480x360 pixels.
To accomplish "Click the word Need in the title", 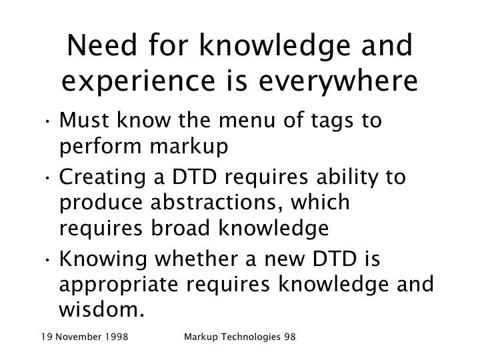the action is [102, 45].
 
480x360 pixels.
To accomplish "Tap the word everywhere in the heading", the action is [338, 81].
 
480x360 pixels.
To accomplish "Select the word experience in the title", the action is [139, 81].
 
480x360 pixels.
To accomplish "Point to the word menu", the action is [247, 120].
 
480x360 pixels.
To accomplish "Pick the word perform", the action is [101, 147].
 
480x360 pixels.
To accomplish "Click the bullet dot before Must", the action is [47, 121].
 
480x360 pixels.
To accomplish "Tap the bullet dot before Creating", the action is [47, 178].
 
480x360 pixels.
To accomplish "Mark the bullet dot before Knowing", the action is [47, 260].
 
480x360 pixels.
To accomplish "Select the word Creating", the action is [102, 177].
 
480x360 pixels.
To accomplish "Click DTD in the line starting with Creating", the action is [195, 177].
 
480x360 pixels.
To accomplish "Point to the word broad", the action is [180, 228].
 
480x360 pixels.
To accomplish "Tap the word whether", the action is [195, 259].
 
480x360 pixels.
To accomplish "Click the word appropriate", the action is [119, 285].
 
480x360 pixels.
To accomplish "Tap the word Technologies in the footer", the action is [251, 337].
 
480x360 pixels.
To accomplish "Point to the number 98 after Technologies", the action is [290, 337].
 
